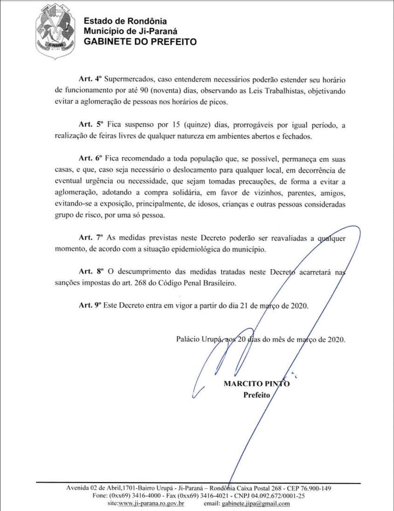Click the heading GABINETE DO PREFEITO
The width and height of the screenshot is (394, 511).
(x=140, y=41)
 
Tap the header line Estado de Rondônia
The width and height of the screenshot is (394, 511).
(x=125, y=21)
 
